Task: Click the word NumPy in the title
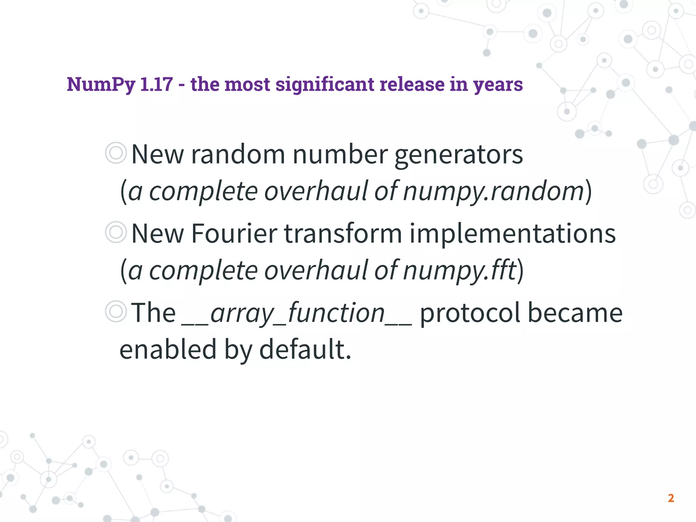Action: [101, 84]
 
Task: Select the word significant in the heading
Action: [325, 84]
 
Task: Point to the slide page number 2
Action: [671, 498]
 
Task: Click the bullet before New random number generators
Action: [116, 153]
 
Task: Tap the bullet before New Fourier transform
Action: [116, 232]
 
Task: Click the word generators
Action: [458, 155]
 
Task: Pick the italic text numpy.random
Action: [493, 191]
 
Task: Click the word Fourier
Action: [234, 234]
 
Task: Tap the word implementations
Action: [512, 234]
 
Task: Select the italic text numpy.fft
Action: [459, 271]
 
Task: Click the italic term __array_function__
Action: [297, 313]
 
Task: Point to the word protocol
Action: [470, 313]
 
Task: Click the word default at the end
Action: [305, 349]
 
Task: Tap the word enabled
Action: [168, 349]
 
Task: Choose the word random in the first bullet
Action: [238, 154]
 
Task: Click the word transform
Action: [343, 234]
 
